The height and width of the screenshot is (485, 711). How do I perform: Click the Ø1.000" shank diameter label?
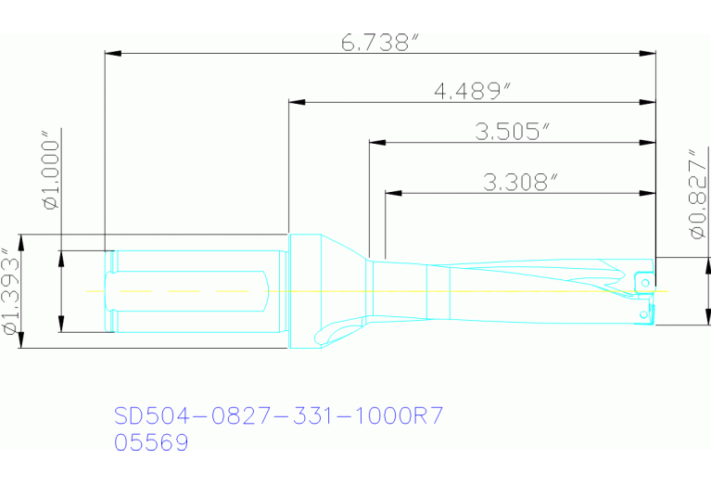pos(51,176)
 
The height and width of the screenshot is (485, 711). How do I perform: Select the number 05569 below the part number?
pos(151,443)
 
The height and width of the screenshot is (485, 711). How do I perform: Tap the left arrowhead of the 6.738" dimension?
pos(112,54)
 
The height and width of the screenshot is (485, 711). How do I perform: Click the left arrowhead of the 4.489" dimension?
pos(296,101)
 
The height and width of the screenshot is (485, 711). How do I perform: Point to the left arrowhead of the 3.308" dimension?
pos(393,193)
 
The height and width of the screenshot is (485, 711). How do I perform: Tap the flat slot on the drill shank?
pos(195,291)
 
